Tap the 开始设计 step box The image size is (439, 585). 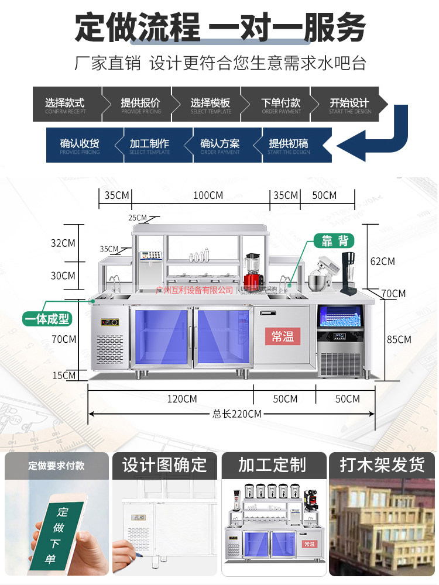349,105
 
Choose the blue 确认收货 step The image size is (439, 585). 80,145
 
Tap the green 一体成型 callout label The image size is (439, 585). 47,319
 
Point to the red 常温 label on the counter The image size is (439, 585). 282,336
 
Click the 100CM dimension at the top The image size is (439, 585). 208,195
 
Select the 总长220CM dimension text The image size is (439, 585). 236,414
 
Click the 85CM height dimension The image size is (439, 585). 399,339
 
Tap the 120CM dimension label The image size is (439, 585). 182,399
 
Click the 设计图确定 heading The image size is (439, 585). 164,465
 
